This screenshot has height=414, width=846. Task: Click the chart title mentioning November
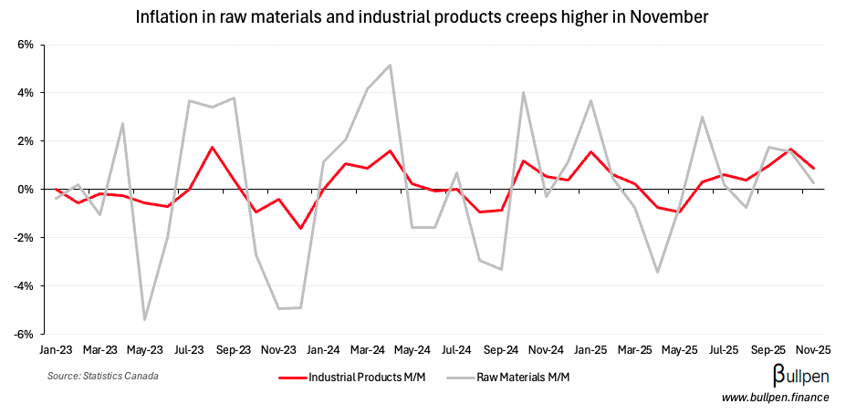[x=422, y=17]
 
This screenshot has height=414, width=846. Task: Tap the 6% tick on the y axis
[x=25, y=45]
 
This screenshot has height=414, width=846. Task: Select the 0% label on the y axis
[x=25, y=190]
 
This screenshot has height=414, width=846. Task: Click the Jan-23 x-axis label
[x=56, y=349]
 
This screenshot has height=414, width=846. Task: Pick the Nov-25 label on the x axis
[x=813, y=349]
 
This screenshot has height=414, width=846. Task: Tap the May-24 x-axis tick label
[x=413, y=349]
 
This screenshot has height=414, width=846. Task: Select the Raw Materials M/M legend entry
[x=512, y=376]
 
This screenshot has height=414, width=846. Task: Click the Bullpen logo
[x=788, y=376]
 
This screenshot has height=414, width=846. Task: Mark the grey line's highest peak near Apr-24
[x=390, y=65]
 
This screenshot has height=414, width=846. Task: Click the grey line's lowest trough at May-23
[x=145, y=320]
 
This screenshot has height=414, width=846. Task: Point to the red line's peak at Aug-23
[x=212, y=147]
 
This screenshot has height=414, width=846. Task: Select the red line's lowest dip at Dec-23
[x=301, y=228]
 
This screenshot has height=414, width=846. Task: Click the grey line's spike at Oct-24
[x=524, y=92]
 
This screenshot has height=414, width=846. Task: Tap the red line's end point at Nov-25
[x=813, y=169]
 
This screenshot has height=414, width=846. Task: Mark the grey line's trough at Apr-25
[x=657, y=272]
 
